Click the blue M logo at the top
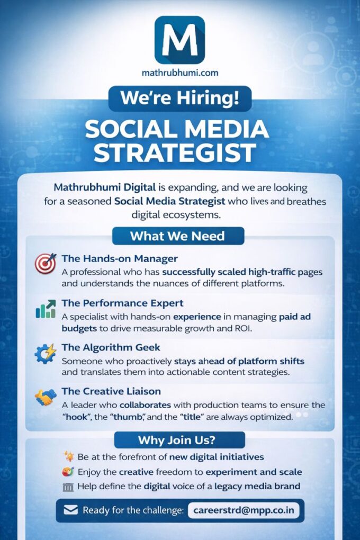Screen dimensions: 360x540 179,40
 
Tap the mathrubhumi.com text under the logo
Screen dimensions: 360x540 180,73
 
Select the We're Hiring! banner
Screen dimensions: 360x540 180,98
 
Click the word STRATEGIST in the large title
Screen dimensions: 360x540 175,152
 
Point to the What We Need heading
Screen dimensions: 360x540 178,236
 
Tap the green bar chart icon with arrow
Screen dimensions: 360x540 46,309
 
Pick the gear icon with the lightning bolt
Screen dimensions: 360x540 45,353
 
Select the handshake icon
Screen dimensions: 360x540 46,397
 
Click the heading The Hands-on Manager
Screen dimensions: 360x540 120,259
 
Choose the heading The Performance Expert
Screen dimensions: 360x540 122,303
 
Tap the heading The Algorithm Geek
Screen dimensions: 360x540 111,347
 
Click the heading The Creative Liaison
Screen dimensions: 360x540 111,391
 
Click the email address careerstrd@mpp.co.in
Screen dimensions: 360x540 244,510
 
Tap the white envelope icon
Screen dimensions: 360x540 70,510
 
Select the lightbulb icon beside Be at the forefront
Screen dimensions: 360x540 69,457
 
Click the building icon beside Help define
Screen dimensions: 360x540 68,487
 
